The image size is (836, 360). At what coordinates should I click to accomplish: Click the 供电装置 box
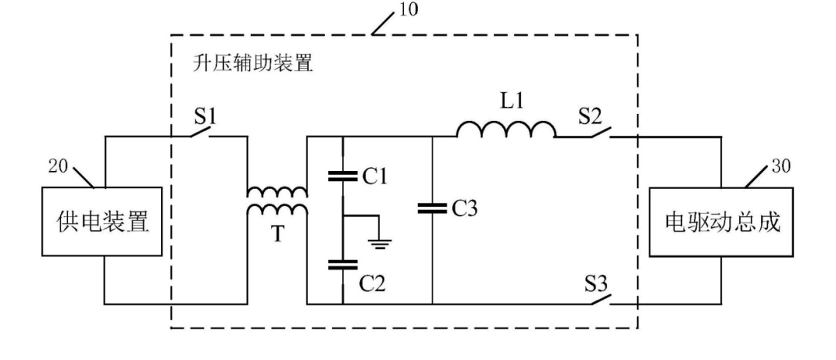click(102, 221)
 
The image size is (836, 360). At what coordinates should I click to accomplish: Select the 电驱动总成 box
click(721, 221)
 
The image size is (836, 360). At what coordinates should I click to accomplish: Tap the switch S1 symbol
click(200, 131)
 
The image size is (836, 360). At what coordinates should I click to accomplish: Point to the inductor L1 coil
click(505, 129)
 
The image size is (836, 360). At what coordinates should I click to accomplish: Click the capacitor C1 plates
click(342, 176)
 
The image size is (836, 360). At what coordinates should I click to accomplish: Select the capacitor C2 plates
click(342, 264)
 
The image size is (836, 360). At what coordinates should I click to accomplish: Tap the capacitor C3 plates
click(432, 208)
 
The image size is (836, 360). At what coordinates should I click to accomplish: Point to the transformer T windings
click(276, 201)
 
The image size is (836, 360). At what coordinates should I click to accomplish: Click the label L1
click(512, 102)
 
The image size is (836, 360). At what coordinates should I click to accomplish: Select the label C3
click(464, 209)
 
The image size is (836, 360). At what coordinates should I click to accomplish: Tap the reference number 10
click(407, 9)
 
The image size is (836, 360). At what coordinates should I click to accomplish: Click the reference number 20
click(59, 166)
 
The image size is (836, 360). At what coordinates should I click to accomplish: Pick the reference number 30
click(781, 166)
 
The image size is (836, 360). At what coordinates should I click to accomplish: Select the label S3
click(596, 283)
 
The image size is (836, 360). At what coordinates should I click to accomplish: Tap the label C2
click(372, 283)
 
